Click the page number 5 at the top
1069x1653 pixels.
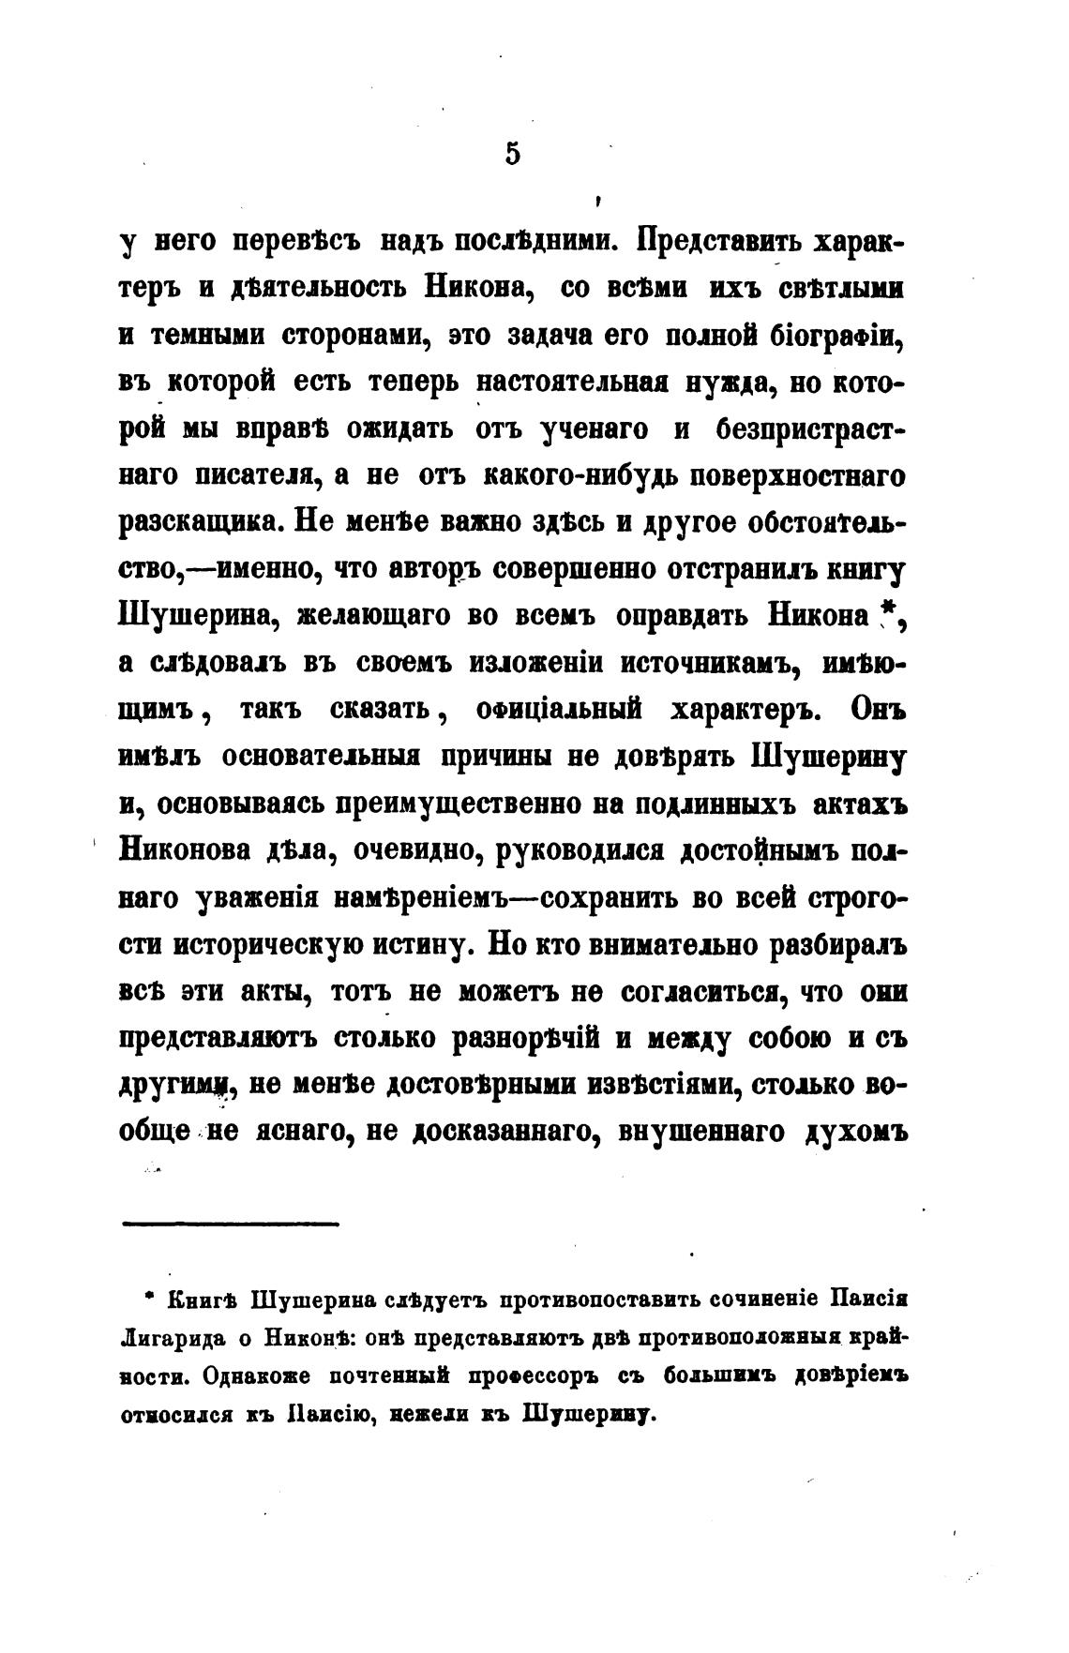tap(512, 153)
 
